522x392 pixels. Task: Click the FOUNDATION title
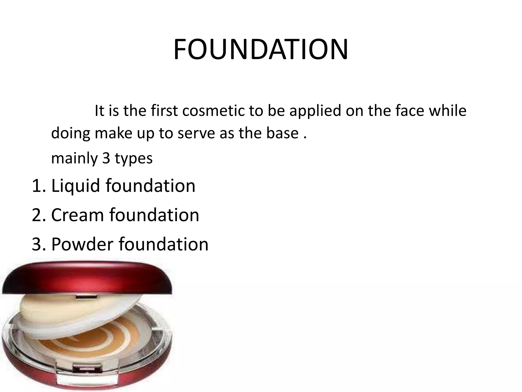pyautogui.click(x=261, y=50)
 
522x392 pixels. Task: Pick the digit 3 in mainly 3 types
pyautogui.click(x=106, y=158)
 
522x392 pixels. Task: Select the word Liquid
pyautogui.click(x=75, y=186)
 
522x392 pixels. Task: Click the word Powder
pyautogui.click(x=82, y=244)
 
